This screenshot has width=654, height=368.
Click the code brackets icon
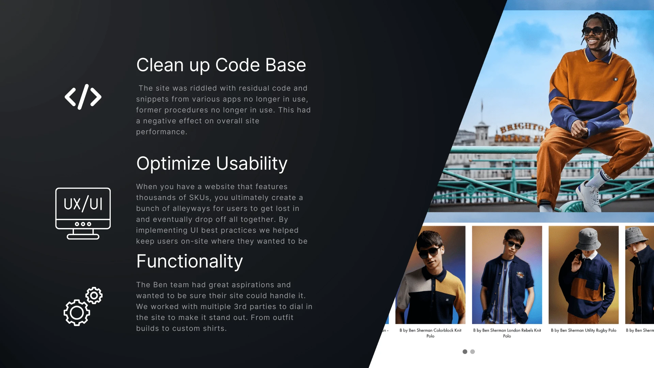click(x=83, y=97)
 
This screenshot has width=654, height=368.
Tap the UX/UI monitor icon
click(x=83, y=213)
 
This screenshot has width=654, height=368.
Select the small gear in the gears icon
click(x=94, y=295)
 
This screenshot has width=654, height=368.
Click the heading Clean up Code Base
click(x=221, y=65)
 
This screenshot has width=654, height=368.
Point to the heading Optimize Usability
click(x=212, y=164)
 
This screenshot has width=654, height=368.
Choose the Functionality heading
click(x=189, y=261)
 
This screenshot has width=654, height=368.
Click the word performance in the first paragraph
click(x=161, y=132)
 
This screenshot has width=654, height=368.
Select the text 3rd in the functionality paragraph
click(x=240, y=307)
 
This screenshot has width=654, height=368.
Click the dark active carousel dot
click(x=465, y=352)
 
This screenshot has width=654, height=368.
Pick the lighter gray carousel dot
click(x=472, y=352)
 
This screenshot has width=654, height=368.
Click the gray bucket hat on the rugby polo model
click(x=589, y=239)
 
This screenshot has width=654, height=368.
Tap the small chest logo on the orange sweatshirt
click(x=616, y=79)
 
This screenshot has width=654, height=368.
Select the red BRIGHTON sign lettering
click(x=523, y=127)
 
